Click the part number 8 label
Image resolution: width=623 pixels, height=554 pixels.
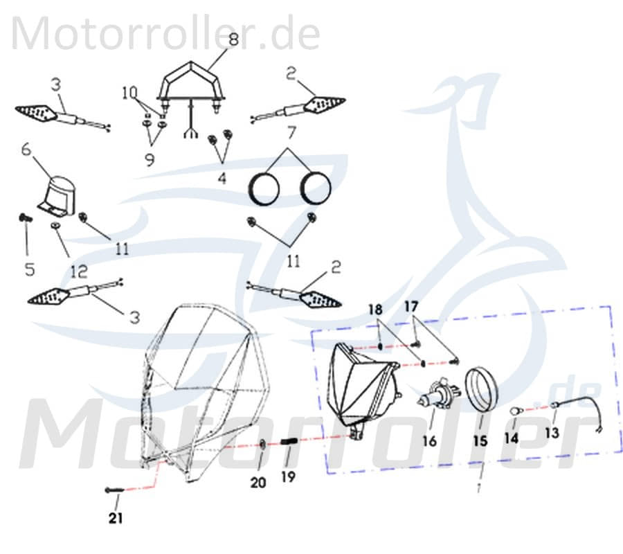click(233, 39)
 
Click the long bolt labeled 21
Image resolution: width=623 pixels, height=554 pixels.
click(114, 490)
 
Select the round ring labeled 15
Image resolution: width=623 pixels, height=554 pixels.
click(480, 393)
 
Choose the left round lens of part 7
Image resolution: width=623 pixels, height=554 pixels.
click(264, 188)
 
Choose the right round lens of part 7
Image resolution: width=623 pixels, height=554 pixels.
click(314, 188)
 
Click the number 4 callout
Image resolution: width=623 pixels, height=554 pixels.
click(222, 177)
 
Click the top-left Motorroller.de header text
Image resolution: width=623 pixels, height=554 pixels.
click(165, 33)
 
